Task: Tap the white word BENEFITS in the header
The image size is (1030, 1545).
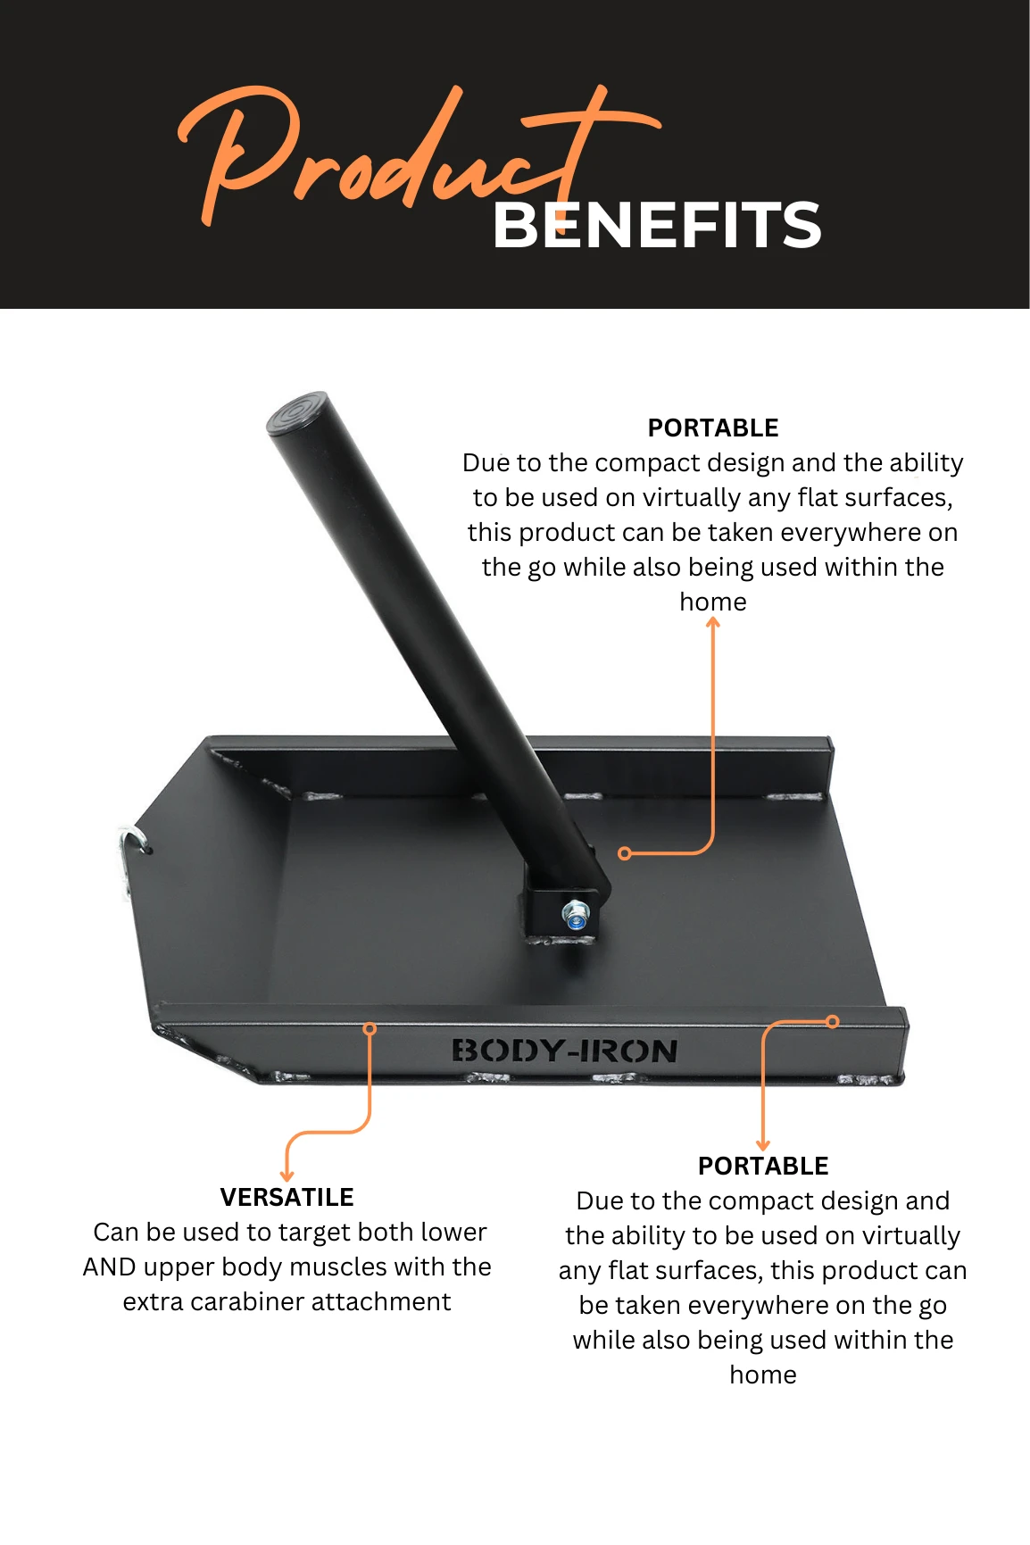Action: [657, 225]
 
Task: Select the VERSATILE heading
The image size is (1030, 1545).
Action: [287, 1197]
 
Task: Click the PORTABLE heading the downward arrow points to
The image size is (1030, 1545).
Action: [763, 1166]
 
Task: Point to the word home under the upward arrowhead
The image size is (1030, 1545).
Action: [713, 602]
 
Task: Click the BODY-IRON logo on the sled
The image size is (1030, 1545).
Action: [564, 1051]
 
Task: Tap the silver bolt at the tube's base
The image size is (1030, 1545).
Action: [576, 916]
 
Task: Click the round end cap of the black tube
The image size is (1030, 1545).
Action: [297, 413]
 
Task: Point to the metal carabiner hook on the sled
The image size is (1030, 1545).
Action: [129, 854]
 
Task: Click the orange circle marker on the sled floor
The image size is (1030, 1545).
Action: [625, 854]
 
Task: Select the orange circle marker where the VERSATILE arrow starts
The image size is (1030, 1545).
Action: [370, 1029]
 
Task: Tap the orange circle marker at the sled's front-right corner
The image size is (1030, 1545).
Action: [833, 1022]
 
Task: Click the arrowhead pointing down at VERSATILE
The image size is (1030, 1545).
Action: [287, 1175]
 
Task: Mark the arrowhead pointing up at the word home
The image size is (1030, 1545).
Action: [713, 622]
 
